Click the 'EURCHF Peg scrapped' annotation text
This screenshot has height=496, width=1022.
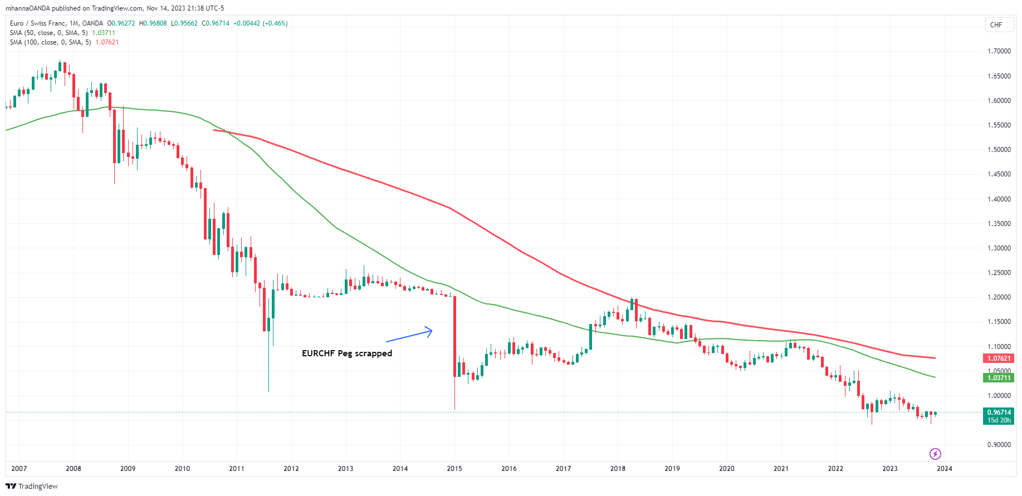pyautogui.click(x=346, y=353)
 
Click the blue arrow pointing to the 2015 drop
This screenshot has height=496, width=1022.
pyautogui.click(x=409, y=335)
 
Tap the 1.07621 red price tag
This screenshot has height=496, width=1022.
pyautogui.click(x=998, y=359)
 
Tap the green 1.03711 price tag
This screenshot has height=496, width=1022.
pyautogui.click(x=998, y=377)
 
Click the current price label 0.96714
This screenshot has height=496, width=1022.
pyautogui.click(x=998, y=412)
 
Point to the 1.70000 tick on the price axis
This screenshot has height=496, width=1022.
pyautogui.click(x=999, y=51)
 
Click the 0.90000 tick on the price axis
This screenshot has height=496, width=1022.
pyautogui.click(x=999, y=445)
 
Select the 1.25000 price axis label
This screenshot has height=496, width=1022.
pyautogui.click(x=999, y=273)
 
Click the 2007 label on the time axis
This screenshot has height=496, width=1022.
pyautogui.click(x=19, y=469)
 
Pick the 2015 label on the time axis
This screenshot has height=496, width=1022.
pyautogui.click(x=454, y=469)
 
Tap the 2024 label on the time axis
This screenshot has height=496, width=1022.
pyautogui.click(x=944, y=469)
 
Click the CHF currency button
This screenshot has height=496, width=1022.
pyautogui.click(x=996, y=25)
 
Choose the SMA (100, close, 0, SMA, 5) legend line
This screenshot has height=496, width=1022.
pyautogui.click(x=50, y=42)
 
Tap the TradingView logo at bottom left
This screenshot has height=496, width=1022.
pyautogui.click(x=32, y=486)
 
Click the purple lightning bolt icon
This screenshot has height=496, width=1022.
pyautogui.click(x=935, y=454)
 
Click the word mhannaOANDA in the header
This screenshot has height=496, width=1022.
pyautogui.click(x=27, y=8)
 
